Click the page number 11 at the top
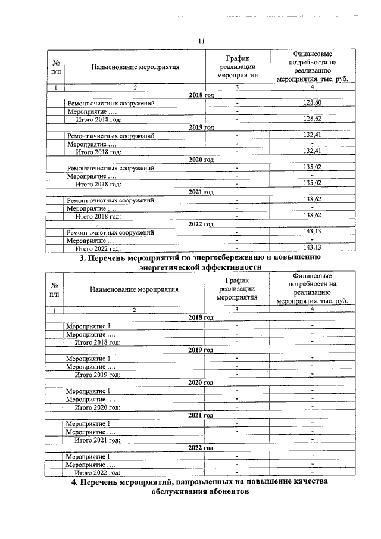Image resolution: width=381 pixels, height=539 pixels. pos(201,41)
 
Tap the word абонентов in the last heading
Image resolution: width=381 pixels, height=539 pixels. pos(221,493)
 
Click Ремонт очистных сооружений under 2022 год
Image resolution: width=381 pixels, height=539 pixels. pos(111,232)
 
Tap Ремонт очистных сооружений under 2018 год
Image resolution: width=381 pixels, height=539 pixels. pos(111,104)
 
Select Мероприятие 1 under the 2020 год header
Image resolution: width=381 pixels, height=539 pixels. pos(88,391)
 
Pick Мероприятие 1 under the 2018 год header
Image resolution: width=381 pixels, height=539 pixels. pos(88,326)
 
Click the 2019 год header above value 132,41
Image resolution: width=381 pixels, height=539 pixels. pos(201,127)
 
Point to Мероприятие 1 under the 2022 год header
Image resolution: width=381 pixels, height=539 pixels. pos(88,456)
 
